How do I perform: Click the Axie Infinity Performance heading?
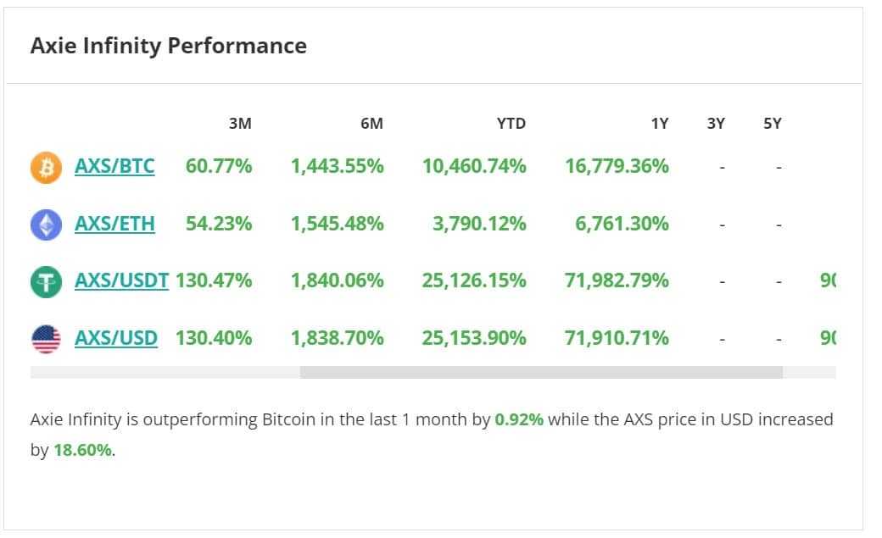168,46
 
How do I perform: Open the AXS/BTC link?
114,166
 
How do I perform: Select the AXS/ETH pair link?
114,224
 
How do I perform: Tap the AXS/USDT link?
121,280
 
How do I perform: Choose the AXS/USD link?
115,338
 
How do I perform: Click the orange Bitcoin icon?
47,167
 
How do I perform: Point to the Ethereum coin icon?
47,225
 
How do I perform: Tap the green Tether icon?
47,281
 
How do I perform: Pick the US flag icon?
47,339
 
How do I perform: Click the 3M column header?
240,124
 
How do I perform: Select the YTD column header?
511,124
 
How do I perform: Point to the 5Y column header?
772,124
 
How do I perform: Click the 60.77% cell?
219,166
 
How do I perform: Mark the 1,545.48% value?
337,224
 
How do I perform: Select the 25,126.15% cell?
474,280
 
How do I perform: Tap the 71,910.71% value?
617,338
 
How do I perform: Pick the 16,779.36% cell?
617,166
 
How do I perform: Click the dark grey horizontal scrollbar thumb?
541,372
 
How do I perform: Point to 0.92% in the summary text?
519,419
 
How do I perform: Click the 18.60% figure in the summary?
82,450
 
